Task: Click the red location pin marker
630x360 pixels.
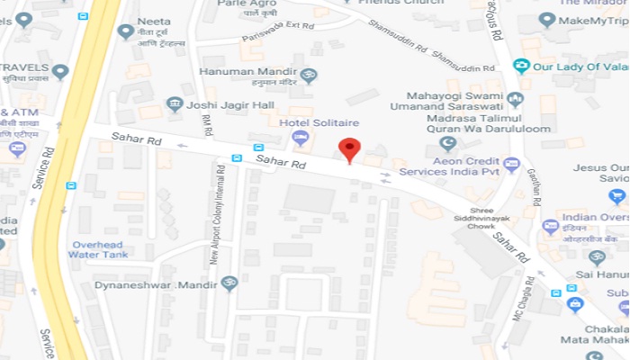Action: click(349, 149)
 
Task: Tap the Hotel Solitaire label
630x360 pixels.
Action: click(319, 122)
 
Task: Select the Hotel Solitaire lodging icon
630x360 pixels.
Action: click(301, 138)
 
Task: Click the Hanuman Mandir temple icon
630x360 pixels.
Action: click(309, 76)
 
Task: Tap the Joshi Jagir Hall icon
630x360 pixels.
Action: click(175, 104)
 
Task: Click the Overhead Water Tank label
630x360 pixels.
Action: click(99, 249)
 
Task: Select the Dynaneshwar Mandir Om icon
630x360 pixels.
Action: click(229, 283)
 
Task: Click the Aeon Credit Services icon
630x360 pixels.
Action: click(512, 164)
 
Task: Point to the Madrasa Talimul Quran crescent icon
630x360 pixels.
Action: click(446, 143)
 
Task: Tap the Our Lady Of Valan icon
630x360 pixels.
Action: click(520, 66)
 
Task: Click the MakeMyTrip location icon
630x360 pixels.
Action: click(545, 20)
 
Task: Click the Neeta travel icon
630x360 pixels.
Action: click(126, 31)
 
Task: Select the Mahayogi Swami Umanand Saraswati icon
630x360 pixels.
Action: click(515, 99)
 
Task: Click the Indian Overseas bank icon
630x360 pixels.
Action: click(551, 226)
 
